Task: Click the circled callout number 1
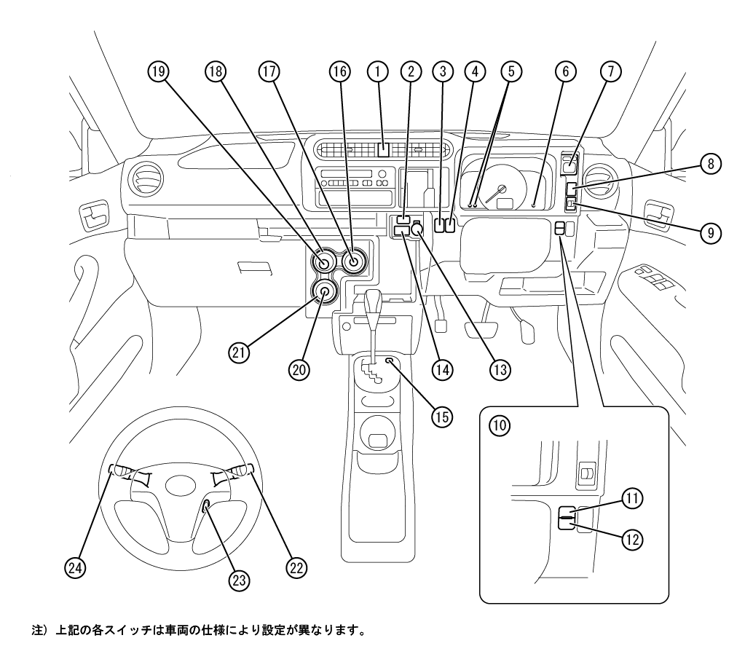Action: pos(378,71)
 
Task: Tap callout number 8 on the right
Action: pos(711,164)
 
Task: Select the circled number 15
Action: pos(442,417)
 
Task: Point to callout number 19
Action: pos(159,71)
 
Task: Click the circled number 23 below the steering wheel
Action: pos(239,580)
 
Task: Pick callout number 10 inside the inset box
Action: pos(500,425)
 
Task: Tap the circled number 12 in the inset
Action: pos(632,540)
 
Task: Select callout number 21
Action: pos(239,353)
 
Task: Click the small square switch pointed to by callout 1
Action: pos(383,150)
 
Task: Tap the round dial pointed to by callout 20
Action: pos(324,291)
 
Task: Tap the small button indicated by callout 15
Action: pos(389,361)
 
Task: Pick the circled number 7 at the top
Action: pos(611,71)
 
